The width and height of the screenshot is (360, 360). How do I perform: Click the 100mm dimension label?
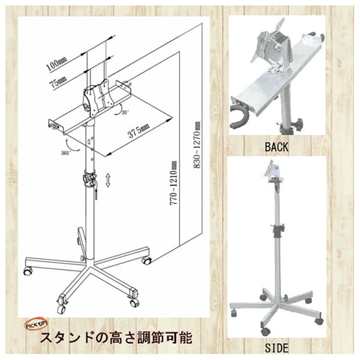coord(57,64)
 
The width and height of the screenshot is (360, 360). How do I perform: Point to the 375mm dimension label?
coord(139,131)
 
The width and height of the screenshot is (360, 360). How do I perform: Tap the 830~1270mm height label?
coord(197,145)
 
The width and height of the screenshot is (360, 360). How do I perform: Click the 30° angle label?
coord(125,113)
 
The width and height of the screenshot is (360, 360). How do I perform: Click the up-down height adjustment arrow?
coord(108,180)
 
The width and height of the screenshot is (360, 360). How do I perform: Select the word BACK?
coord(277,147)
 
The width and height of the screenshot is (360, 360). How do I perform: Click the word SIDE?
coord(277,348)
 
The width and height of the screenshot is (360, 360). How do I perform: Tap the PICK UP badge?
coord(36,325)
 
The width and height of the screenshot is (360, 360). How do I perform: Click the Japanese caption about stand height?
coord(116,338)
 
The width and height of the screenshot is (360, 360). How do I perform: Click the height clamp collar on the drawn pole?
coord(90,179)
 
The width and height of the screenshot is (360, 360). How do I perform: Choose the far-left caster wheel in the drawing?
coord(28,272)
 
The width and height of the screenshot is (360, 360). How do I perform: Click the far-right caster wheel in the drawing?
coord(146,260)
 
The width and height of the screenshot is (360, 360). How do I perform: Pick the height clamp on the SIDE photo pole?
coord(278,231)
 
